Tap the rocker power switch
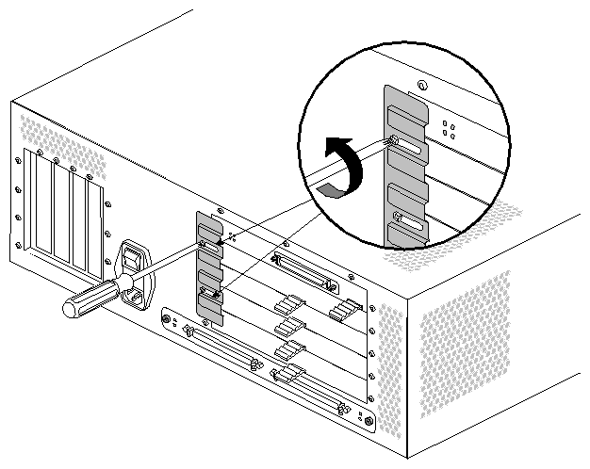[135, 258]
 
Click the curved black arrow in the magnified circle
[346, 167]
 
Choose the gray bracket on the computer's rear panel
[208, 264]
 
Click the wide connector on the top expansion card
[303, 271]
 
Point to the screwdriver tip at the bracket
[203, 247]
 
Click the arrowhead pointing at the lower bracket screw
[219, 296]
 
